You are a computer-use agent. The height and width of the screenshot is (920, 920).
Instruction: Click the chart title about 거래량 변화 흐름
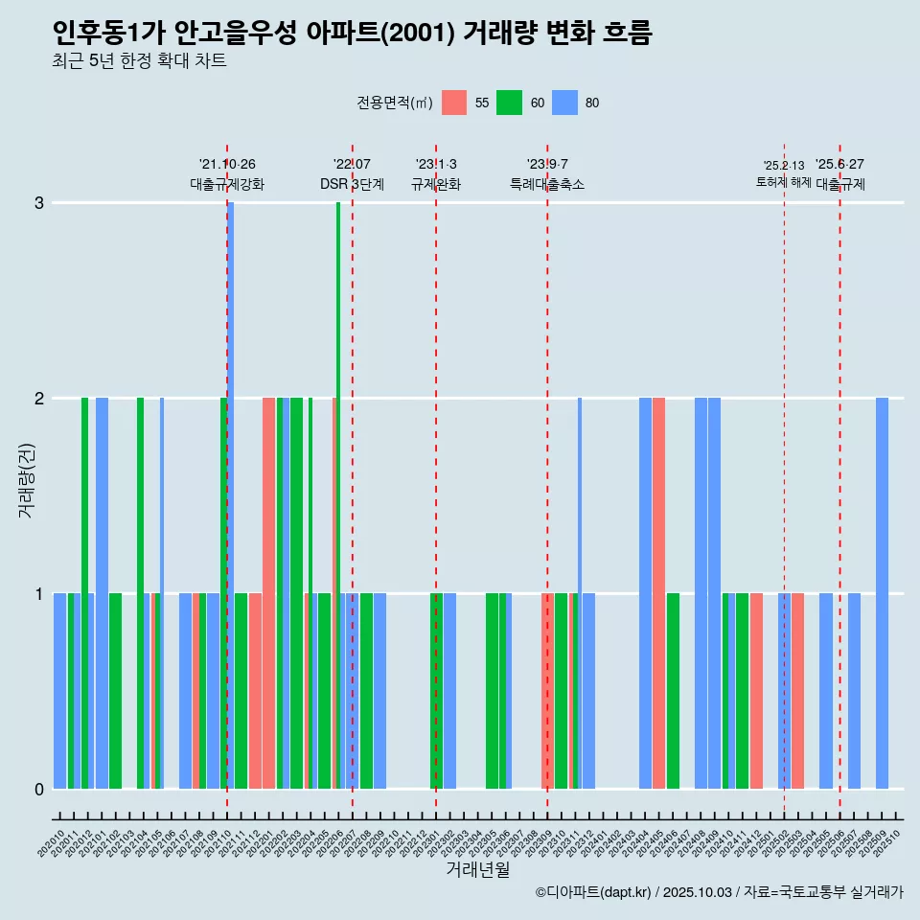pyautogui.click(x=353, y=34)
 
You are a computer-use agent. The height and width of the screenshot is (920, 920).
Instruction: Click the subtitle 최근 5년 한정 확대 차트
pyautogui.click(x=140, y=62)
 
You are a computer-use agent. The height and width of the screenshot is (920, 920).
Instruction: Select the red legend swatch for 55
pyautogui.click(x=454, y=103)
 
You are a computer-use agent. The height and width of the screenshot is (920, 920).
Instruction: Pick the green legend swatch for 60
pyautogui.click(x=509, y=103)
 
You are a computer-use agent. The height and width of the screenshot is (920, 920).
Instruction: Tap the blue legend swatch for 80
pyautogui.click(x=566, y=103)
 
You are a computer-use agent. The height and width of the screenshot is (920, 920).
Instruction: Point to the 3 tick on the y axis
pyautogui.click(x=39, y=203)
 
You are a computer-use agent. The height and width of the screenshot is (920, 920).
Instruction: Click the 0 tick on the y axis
pyautogui.click(x=39, y=790)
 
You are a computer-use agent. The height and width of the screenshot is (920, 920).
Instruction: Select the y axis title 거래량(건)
pyautogui.click(x=26, y=479)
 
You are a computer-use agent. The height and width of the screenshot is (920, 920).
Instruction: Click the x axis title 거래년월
pyautogui.click(x=477, y=869)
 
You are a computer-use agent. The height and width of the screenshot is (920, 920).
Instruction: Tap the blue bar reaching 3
pyautogui.click(x=231, y=494)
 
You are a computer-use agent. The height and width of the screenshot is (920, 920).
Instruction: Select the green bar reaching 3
pyautogui.click(x=338, y=494)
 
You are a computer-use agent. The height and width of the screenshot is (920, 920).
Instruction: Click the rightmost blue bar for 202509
pyautogui.click(x=882, y=592)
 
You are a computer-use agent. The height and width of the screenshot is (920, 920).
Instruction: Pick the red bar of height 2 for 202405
pyautogui.click(x=658, y=592)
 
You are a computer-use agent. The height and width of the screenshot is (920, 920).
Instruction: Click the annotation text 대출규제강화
pyautogui.click(x=227, y=184)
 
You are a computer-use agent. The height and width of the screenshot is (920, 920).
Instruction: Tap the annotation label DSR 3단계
pyautogui.click(x=352, y=184)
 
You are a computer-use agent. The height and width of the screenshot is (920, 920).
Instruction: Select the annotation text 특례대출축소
pyautogui.click(x=547, y=184)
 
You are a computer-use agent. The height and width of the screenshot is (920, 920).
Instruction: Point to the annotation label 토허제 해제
pyautogui.click(x=784, y=182)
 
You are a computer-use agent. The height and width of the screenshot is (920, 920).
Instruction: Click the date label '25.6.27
pyautogui.click(x=839, y=165)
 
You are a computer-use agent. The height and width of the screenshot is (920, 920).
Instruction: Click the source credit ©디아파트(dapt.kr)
pyautogui.click(x=595, y=892)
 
